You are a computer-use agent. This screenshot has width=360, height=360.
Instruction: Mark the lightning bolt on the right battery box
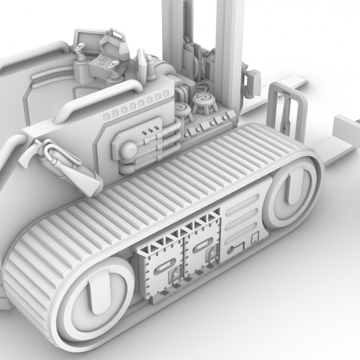tap(212, 253)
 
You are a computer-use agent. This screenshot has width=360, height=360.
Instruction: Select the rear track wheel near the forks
tap(290, 192)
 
